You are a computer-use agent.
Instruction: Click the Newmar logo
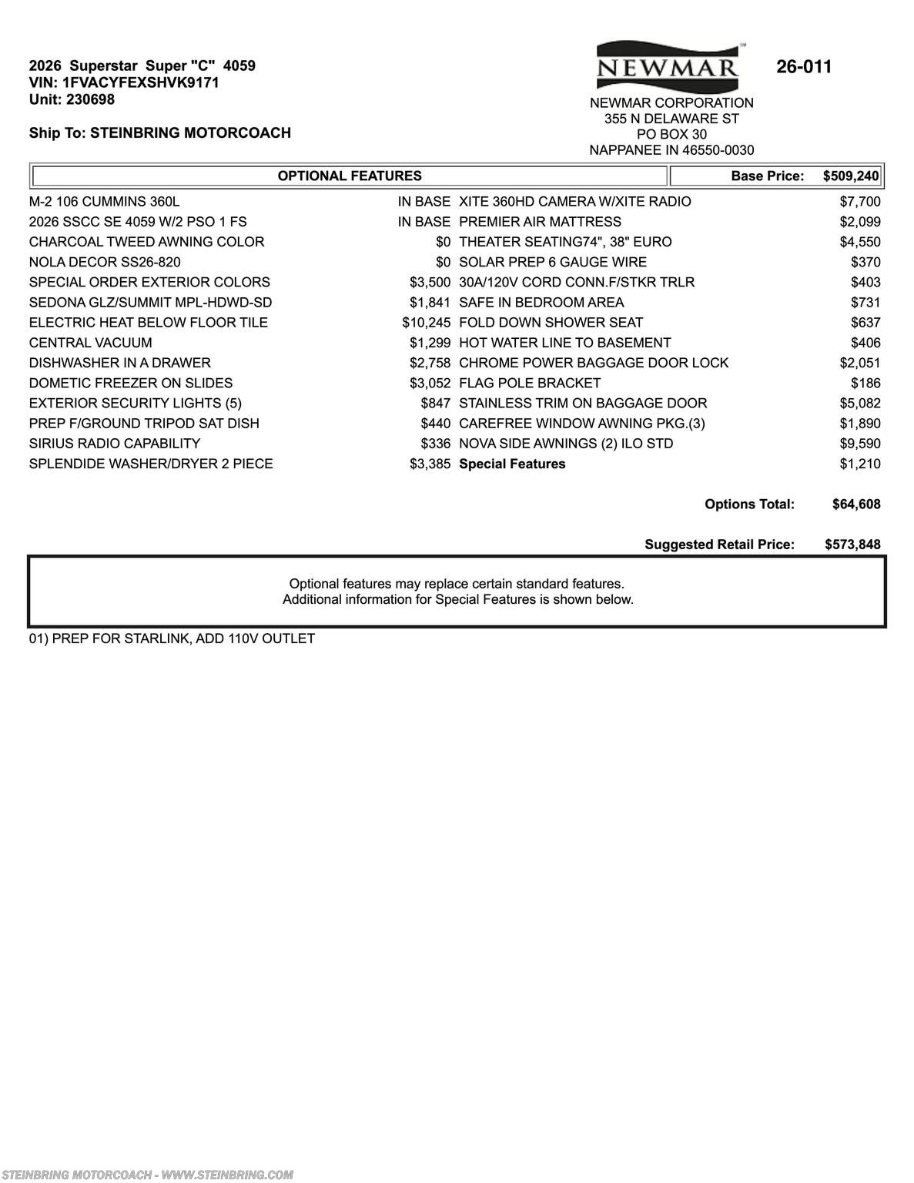(668, 67)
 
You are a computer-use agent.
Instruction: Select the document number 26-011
(804, 67)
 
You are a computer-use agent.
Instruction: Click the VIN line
(124, 82)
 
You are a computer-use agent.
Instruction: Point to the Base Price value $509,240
(850, 176)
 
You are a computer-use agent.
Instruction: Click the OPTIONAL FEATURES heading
(350, 176)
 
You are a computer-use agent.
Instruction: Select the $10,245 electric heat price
(426, 323)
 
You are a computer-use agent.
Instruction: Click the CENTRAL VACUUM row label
(90, 343)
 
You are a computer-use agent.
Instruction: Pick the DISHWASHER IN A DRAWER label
(119, 363)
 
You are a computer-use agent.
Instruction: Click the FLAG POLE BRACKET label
(529, 383)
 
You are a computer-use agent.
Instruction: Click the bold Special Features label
(512, 464)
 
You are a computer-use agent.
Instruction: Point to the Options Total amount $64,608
(856, 504)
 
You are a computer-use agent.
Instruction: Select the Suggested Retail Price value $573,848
(852, 545)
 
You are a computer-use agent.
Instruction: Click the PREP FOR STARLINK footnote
(172, 638)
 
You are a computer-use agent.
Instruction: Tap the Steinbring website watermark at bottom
(146, 1175)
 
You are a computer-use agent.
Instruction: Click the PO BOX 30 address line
(671, 134)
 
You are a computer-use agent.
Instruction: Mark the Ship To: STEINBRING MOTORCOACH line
(160, 133)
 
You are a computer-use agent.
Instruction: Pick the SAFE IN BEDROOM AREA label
(541, 303)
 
